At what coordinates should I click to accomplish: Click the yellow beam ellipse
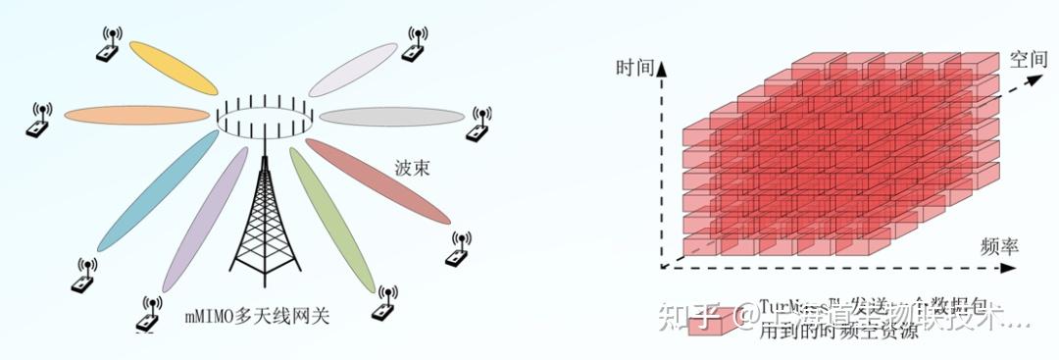coord(174,68)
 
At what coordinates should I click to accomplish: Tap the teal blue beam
coord(157,191)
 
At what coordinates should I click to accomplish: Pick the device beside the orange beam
coord(39,121)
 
